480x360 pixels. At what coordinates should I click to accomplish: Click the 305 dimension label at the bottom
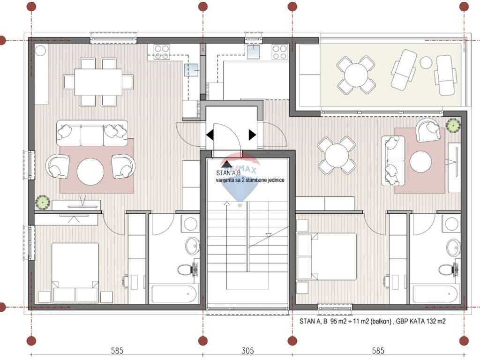(247, 350)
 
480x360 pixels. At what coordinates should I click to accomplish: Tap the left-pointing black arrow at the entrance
(210, 135)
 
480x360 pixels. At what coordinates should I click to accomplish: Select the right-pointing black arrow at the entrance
(252, 135)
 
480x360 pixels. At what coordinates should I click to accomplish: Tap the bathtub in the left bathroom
(174, 294)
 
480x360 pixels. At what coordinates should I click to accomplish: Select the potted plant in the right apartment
(453, 125)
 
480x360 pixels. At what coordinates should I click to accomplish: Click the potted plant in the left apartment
(42, 202)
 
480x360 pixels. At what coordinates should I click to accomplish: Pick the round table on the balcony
(356, 75)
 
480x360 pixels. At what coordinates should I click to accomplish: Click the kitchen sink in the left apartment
(191, 70)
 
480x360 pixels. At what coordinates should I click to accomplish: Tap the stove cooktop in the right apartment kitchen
(280, 52)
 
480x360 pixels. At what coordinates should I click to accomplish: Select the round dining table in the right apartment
(337, 156)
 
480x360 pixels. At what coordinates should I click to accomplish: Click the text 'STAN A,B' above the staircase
(228, 173)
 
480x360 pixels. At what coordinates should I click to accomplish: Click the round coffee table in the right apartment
(420, 161)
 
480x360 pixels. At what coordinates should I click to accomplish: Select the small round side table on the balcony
(426, 62)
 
